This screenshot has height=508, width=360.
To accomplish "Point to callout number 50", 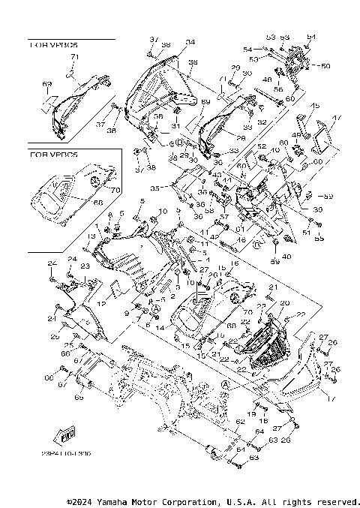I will (x=325, y=66).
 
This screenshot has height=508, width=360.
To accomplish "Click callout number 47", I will (x=336, y=117).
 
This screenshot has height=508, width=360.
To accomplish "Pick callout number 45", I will (x=316, y=106).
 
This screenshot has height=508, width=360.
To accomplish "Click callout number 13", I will (x=89, y=236).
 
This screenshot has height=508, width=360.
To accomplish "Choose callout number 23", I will (x=84, y=266).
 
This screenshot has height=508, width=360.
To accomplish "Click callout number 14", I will (x=160, y=328).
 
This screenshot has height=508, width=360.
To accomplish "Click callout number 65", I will (x=79, y=398).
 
